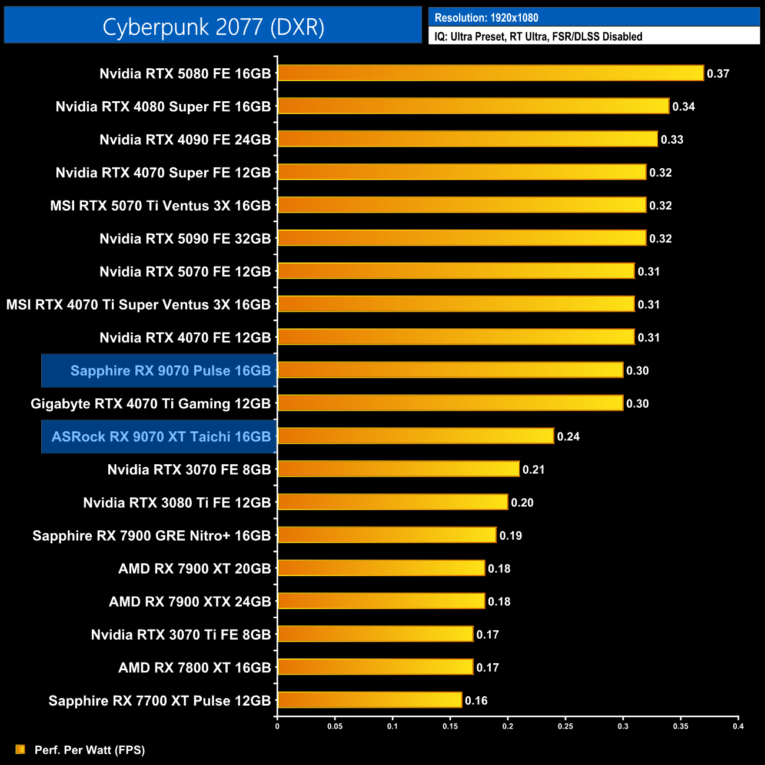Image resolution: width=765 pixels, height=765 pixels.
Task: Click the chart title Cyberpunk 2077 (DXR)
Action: coord(213,26)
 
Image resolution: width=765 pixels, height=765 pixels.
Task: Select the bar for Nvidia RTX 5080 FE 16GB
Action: coord(491,73)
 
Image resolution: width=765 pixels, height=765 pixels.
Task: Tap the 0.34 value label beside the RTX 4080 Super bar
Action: coord(683,107)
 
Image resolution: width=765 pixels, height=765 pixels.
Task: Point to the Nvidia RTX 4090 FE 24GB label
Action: coord(185,139)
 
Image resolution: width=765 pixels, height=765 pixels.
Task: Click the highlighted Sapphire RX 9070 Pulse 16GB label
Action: coord(170,371)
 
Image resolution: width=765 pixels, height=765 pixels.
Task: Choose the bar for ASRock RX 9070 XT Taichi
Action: coord(415,436)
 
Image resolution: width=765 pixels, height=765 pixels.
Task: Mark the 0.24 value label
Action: coord(568,437)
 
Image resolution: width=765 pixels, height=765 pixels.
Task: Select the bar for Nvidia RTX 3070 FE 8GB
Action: coord(398,469)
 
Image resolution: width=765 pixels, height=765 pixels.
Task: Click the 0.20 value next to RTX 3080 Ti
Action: coord(522,503)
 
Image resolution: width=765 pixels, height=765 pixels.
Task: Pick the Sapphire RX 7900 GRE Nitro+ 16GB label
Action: coord(151,535)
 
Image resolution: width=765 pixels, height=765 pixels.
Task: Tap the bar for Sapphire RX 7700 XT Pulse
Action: coord(370,700)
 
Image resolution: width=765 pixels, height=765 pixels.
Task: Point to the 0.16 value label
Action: coord(476,701)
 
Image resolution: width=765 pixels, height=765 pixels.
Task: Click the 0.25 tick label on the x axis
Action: coord(565,726)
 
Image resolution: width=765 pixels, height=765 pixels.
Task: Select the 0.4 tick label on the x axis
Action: coord(738,726)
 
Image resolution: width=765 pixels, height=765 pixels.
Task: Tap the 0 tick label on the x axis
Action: coord(277,726)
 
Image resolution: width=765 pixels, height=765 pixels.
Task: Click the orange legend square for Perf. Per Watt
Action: coord(21,749)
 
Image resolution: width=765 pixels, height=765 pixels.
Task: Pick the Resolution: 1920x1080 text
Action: coord(486,18)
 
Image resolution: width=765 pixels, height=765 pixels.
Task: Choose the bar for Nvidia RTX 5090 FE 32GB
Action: coord(462,238)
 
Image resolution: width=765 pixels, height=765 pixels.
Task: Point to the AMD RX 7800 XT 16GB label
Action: coord(194,668)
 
